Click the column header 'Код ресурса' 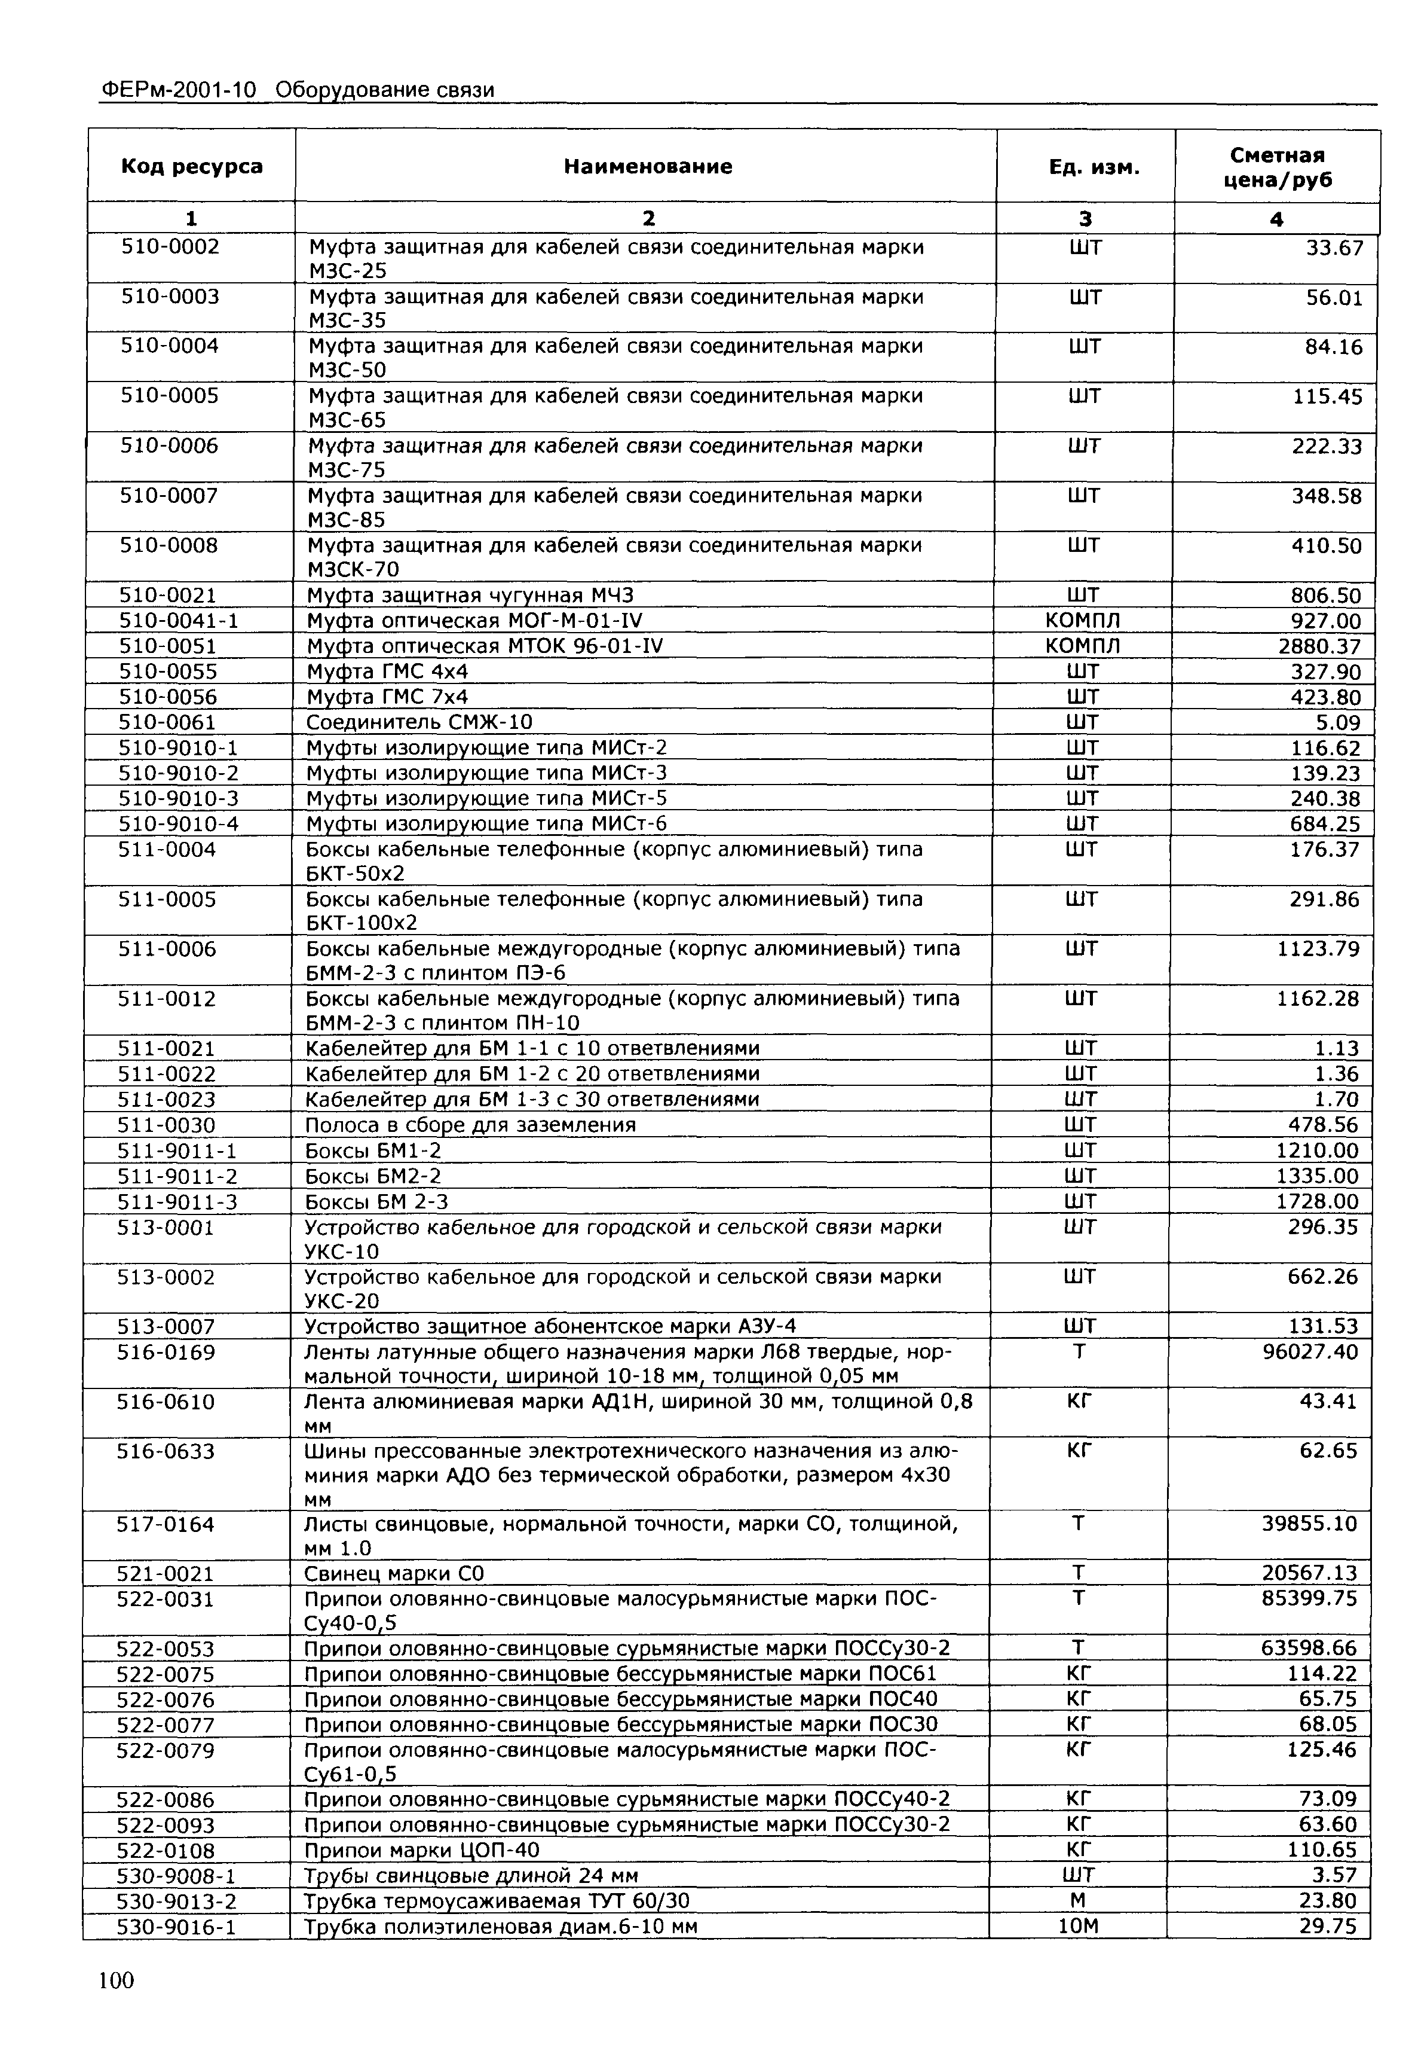pyautogui.click(x=191, y=166)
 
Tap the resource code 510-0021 pyautogui.click(x=168, y=595)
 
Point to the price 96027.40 pyautogui.click(x=1309, y=1351)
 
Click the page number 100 pyautogui.click(x=117, y=1980)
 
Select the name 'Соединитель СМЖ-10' pyautogui.click(x=419, y=722)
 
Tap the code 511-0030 pyautogui.click(x=166, y=1125)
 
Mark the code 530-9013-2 pyautogui.click(x=176, y=1900)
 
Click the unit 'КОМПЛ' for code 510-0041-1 pyautogui.click(x=1083, y=621)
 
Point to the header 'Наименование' pyautogui.click(x=648, y=166)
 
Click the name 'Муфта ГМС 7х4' pyautogui.click(x=387, y=697)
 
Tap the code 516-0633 pyautogui.click(x=166, y=1451)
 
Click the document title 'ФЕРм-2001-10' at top pyautogui.click(x=179, y=89)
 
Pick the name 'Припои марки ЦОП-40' pyautogui.click(x=421, y=1849)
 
